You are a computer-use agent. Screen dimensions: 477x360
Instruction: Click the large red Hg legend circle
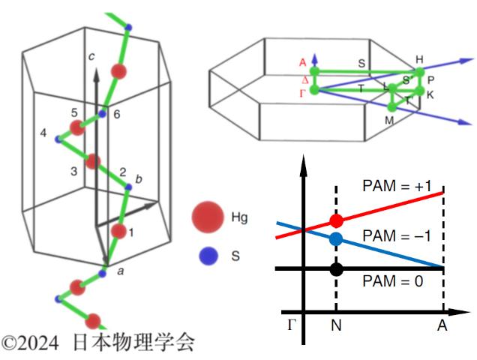(x=208, y=217)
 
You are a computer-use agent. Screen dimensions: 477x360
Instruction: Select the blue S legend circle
(x=208, y=256)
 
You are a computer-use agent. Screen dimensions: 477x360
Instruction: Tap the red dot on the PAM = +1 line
(x=336, y=220)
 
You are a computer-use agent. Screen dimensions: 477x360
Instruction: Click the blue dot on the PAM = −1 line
(x=336, y=239)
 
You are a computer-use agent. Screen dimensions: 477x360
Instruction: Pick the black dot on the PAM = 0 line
(x=336, y=269)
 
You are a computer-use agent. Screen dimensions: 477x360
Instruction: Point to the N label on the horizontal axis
(x=336, y=326)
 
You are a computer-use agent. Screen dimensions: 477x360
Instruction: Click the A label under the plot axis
(x=442, y=326)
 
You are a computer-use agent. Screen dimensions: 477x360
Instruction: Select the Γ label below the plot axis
(x=292, y=325)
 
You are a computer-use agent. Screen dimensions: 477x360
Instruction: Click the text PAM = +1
(x=397, y=186)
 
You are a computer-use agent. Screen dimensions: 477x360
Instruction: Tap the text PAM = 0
(x=393, y=281)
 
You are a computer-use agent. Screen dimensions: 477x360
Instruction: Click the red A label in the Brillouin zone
(x=302, y=63)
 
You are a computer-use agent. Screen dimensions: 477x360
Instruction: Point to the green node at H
(x=419, y=73)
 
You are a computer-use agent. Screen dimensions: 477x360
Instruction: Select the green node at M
(x=392, y=106)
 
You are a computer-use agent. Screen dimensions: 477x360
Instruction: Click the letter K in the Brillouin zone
(x=430, y=95)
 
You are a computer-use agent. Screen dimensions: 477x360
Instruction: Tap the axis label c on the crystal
(x=91, y=56)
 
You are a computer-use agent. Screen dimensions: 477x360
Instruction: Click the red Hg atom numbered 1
(x=118, y=232)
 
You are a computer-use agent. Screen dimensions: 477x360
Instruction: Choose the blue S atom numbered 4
(x=58, y=139)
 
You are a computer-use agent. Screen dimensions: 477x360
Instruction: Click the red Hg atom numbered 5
(x=77, y=127)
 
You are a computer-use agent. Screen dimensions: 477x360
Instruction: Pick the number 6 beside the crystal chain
(x=117, y=115)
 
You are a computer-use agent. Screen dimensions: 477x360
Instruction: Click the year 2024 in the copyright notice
(x=39, y=343)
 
